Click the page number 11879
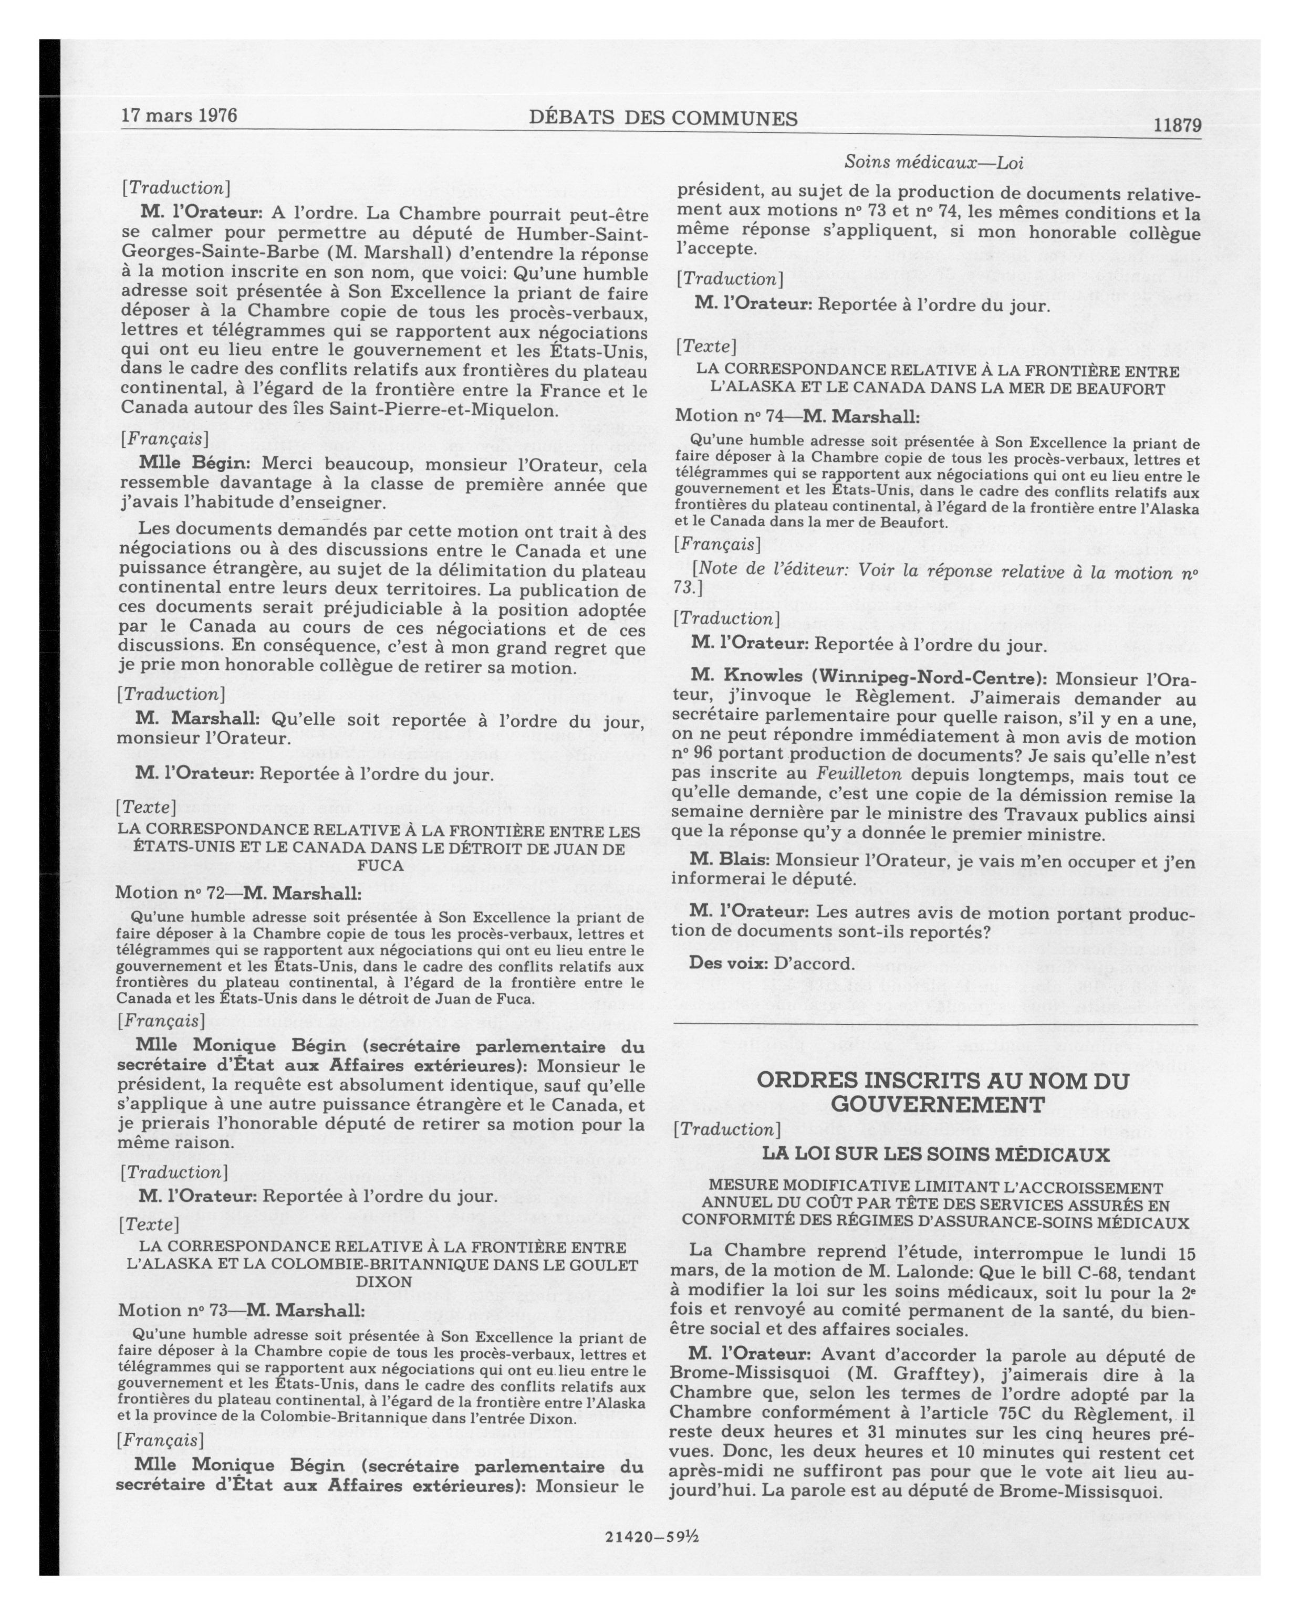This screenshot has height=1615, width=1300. pos(1177,126)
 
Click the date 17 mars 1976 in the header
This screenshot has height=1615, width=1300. pos(179,116)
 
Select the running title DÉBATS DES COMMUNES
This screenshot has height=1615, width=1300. pos(662,118)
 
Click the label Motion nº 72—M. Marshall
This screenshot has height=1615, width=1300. pos(237,894)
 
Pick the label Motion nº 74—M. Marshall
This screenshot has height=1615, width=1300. pos(797,416)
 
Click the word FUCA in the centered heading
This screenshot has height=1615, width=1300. pos(380,865)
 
